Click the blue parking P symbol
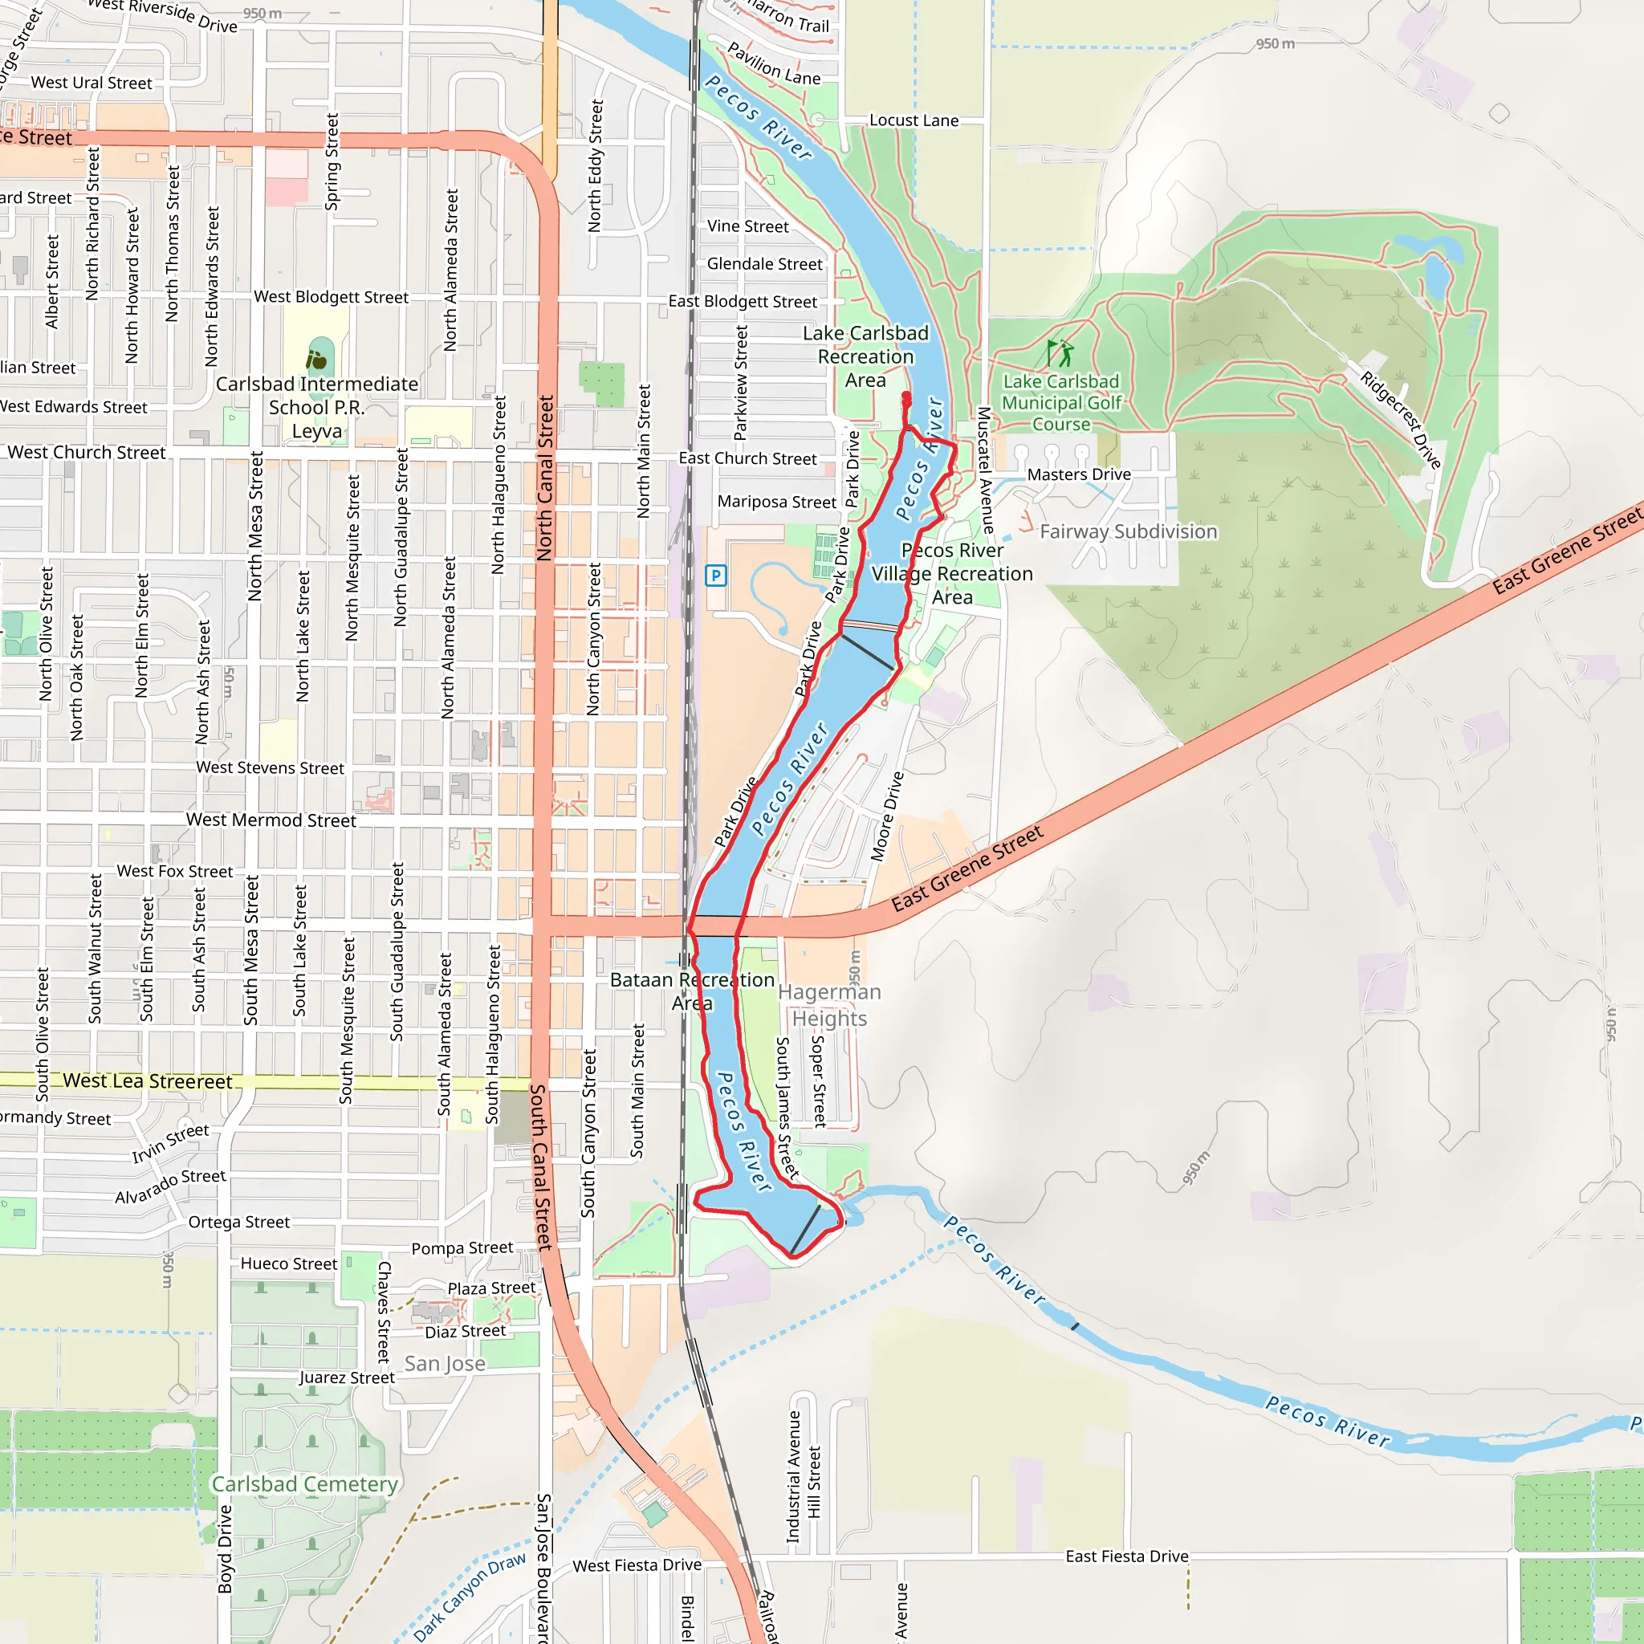[x=715, y=576]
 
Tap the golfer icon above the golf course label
[x=1060, y=352]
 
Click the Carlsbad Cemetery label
[x=303, y=1484]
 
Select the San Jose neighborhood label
[x=444, y=1363]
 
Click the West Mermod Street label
[x=271, y=820]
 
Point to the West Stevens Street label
[x=270, y=768]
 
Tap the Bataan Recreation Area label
[x=692, y=991]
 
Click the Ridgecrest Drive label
[x=1400, y=420]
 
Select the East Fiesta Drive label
[x=1125, y=1557]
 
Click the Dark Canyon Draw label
[x=470, y=1597]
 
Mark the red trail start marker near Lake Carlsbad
[x=906, y=398]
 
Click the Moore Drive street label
[x=887, y=816]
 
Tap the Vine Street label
[x=747, y=226]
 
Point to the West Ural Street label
[x=91, y=83]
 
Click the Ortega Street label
[x=238, y=1222]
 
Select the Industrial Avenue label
[x=793, y=1476]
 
